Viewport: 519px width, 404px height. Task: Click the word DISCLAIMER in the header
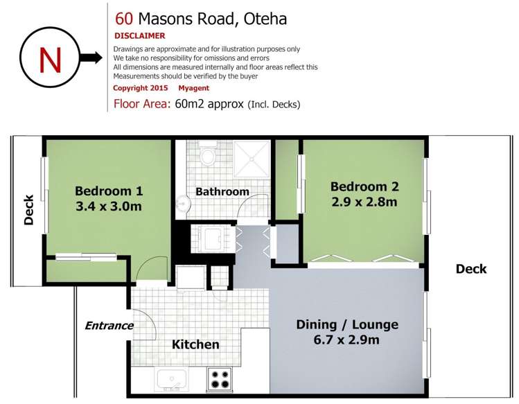139,35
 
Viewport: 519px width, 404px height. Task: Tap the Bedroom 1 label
109,191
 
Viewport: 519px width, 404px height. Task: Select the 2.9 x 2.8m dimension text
364,202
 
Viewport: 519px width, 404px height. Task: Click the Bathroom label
222,192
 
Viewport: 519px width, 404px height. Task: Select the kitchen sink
170,379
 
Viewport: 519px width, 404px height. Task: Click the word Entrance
109,325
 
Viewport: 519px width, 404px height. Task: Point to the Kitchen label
195,344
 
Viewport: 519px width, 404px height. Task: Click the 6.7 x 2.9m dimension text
347,340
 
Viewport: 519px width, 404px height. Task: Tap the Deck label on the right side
471,269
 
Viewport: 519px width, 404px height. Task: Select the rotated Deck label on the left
28,209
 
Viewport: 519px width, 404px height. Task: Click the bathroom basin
182,204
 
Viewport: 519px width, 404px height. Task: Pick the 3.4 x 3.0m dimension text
109,207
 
